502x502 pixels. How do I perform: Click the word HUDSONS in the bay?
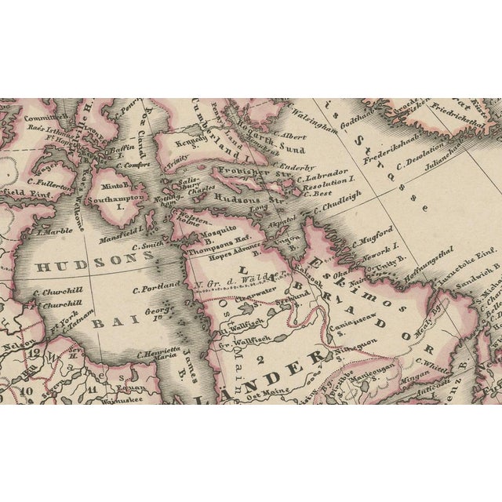(x=87, y=266)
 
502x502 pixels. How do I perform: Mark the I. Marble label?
(x=54, y=232)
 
